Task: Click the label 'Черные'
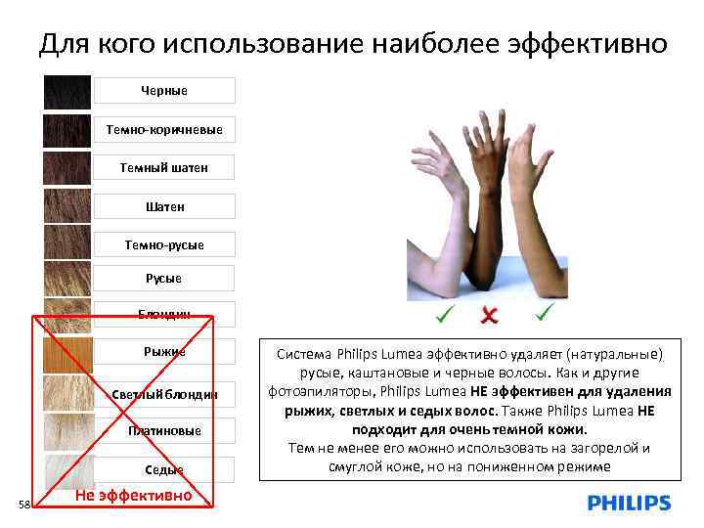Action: point(164,91)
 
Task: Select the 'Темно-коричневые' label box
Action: point(164,129)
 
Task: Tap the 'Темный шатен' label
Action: point(164,167)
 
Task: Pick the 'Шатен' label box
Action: point(164,206)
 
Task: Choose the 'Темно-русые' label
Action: point(164,244)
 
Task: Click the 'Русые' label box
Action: point(164,278)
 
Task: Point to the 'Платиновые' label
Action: point(164,430)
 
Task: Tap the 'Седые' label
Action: point(164,469)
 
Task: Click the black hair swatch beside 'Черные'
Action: point(67,92)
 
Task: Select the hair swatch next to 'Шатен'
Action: point(67,206)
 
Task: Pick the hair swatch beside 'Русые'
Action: point(67,279)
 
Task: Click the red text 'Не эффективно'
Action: point(133,496)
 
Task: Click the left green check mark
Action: point(444,314)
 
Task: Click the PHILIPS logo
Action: point(629,504)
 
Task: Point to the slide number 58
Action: point(25,504)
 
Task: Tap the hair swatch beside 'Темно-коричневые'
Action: point(67,130)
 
